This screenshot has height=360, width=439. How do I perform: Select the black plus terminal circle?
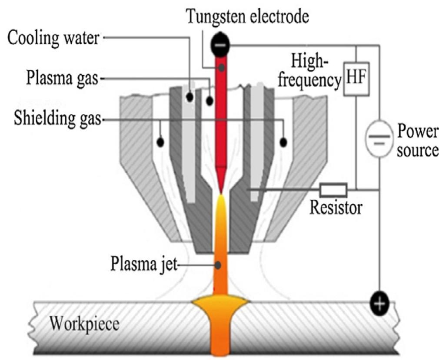[379, 302]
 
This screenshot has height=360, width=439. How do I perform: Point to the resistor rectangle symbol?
[333, 190]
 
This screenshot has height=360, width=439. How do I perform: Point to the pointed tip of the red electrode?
[222, 191]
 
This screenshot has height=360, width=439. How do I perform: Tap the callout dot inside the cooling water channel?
[190, 97]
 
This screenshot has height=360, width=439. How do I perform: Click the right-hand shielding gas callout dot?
[284, 142]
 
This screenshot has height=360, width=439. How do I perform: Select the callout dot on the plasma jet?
[221, 264]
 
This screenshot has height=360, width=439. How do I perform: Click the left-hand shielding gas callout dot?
[160, 142]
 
